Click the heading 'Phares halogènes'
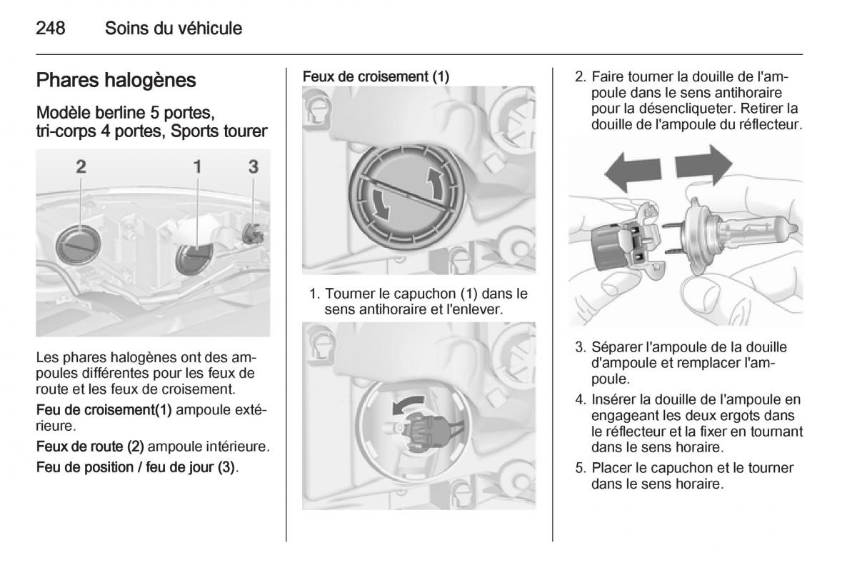116,80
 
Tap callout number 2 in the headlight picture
81,166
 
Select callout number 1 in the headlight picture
198,166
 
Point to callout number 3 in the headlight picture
253,166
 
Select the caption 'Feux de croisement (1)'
376,76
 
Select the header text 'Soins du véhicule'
174,29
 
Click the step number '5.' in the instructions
581,469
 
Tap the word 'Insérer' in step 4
613,399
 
